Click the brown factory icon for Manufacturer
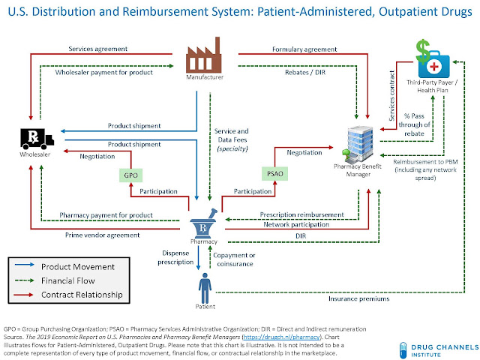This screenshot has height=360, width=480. [x=203, y=55]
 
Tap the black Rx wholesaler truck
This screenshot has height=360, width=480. [x=37, y=139]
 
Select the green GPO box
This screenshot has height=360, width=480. [x=130, y=175]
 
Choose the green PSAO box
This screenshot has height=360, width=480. [x=275, y=173]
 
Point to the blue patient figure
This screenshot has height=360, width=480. [x=205, y=288]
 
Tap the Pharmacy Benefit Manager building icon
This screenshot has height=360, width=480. [x=358, y=144]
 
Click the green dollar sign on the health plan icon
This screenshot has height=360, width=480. [x=423, y=51]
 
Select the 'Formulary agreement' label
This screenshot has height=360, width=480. [x=304, y=49]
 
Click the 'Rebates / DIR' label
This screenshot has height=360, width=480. [x=305, y=72]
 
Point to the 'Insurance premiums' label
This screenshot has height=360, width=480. [x=359, y=298]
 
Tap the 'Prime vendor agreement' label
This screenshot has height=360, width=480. [x=102, y=235]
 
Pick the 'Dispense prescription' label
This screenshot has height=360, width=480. [x=175, y=257]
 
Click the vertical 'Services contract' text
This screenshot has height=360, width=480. [x=391, y=96]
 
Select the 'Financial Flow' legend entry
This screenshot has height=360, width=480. [x=68, y=280]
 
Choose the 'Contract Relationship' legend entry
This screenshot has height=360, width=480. [x=82, y=295]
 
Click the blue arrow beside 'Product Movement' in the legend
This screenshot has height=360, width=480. [x=24, y=265]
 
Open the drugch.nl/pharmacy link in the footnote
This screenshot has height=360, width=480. [x=281, y=337]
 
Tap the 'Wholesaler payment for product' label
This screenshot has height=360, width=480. [x=103, y=72]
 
